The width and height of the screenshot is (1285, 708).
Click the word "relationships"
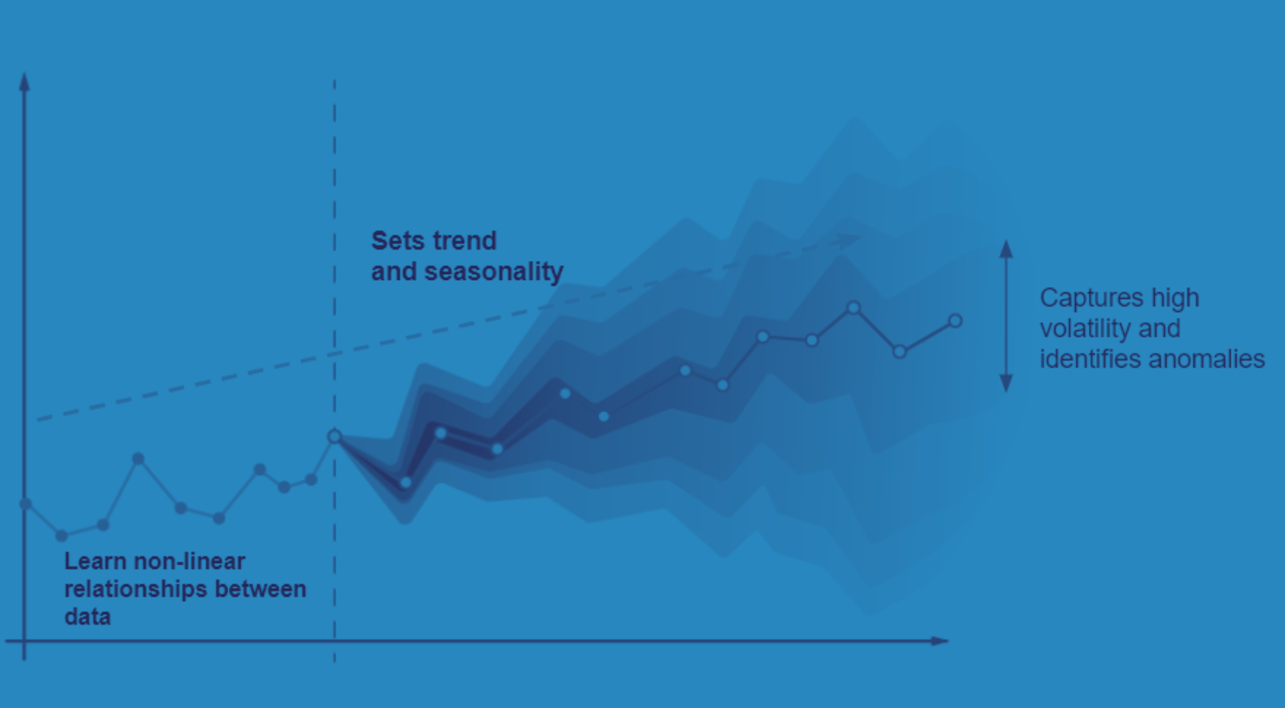coord(136,589)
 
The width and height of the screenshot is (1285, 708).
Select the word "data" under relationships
coord(87,617)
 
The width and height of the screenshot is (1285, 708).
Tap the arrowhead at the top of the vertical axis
coord(24,81)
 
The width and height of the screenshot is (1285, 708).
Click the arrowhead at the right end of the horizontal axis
coord(939,640)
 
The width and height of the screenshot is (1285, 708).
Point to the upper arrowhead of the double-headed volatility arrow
coord(1006,248)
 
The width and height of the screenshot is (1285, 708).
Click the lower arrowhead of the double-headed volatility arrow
coord(1006,383)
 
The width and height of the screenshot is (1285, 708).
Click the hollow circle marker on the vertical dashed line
coord(334,437)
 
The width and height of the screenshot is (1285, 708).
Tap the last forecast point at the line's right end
coord(955,321)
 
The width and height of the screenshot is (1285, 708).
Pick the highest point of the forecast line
coord(854,307)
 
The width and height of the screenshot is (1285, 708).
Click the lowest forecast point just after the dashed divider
coord(406,482)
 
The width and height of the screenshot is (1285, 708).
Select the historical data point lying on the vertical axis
coord(26,503)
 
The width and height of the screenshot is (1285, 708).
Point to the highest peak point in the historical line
coord(138,458)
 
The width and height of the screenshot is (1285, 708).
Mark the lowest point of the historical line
coord(62,536)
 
